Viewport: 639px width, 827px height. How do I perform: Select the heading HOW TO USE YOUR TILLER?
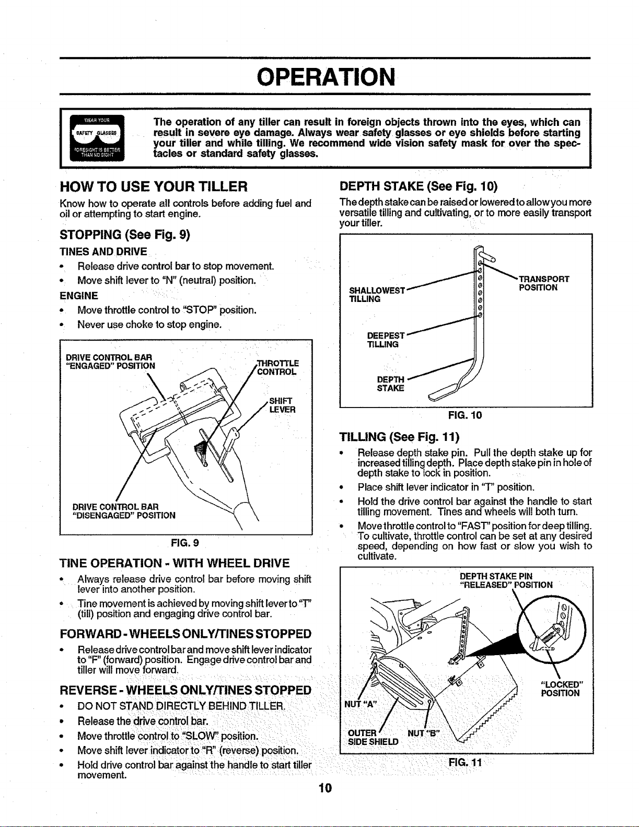[154, 187]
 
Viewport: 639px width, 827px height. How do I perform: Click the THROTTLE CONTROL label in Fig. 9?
[278, 367]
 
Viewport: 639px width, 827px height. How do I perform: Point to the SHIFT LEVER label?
[282, 405]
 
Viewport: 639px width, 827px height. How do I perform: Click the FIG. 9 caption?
[185, 542]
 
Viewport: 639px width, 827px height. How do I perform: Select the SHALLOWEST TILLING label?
[377, 295]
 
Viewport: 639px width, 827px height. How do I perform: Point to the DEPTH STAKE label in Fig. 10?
[390, 383]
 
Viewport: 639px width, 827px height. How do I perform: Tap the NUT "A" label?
[361, 704]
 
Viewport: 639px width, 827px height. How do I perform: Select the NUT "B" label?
[423, 733]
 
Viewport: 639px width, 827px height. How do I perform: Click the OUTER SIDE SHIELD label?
[373, 738]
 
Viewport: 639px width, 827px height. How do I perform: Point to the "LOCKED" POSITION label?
[561, 689]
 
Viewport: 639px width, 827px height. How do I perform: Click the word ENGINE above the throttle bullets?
[79, 296]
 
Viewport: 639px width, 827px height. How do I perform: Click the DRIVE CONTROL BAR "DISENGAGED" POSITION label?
[124, 511]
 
